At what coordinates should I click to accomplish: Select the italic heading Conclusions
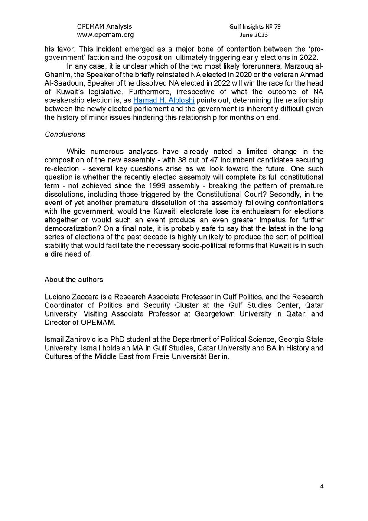(65, 134)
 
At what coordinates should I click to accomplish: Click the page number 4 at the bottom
(322, 486)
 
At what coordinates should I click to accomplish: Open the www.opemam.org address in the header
(105, 35)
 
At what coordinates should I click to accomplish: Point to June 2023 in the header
(255, 35)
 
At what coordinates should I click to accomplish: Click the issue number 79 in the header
(277, 26)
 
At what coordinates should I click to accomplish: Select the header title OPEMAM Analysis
(104, 26)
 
